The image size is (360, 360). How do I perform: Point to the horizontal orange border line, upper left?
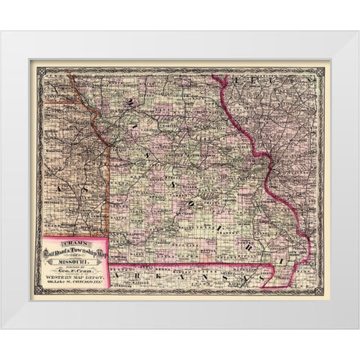tap(56, 100)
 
